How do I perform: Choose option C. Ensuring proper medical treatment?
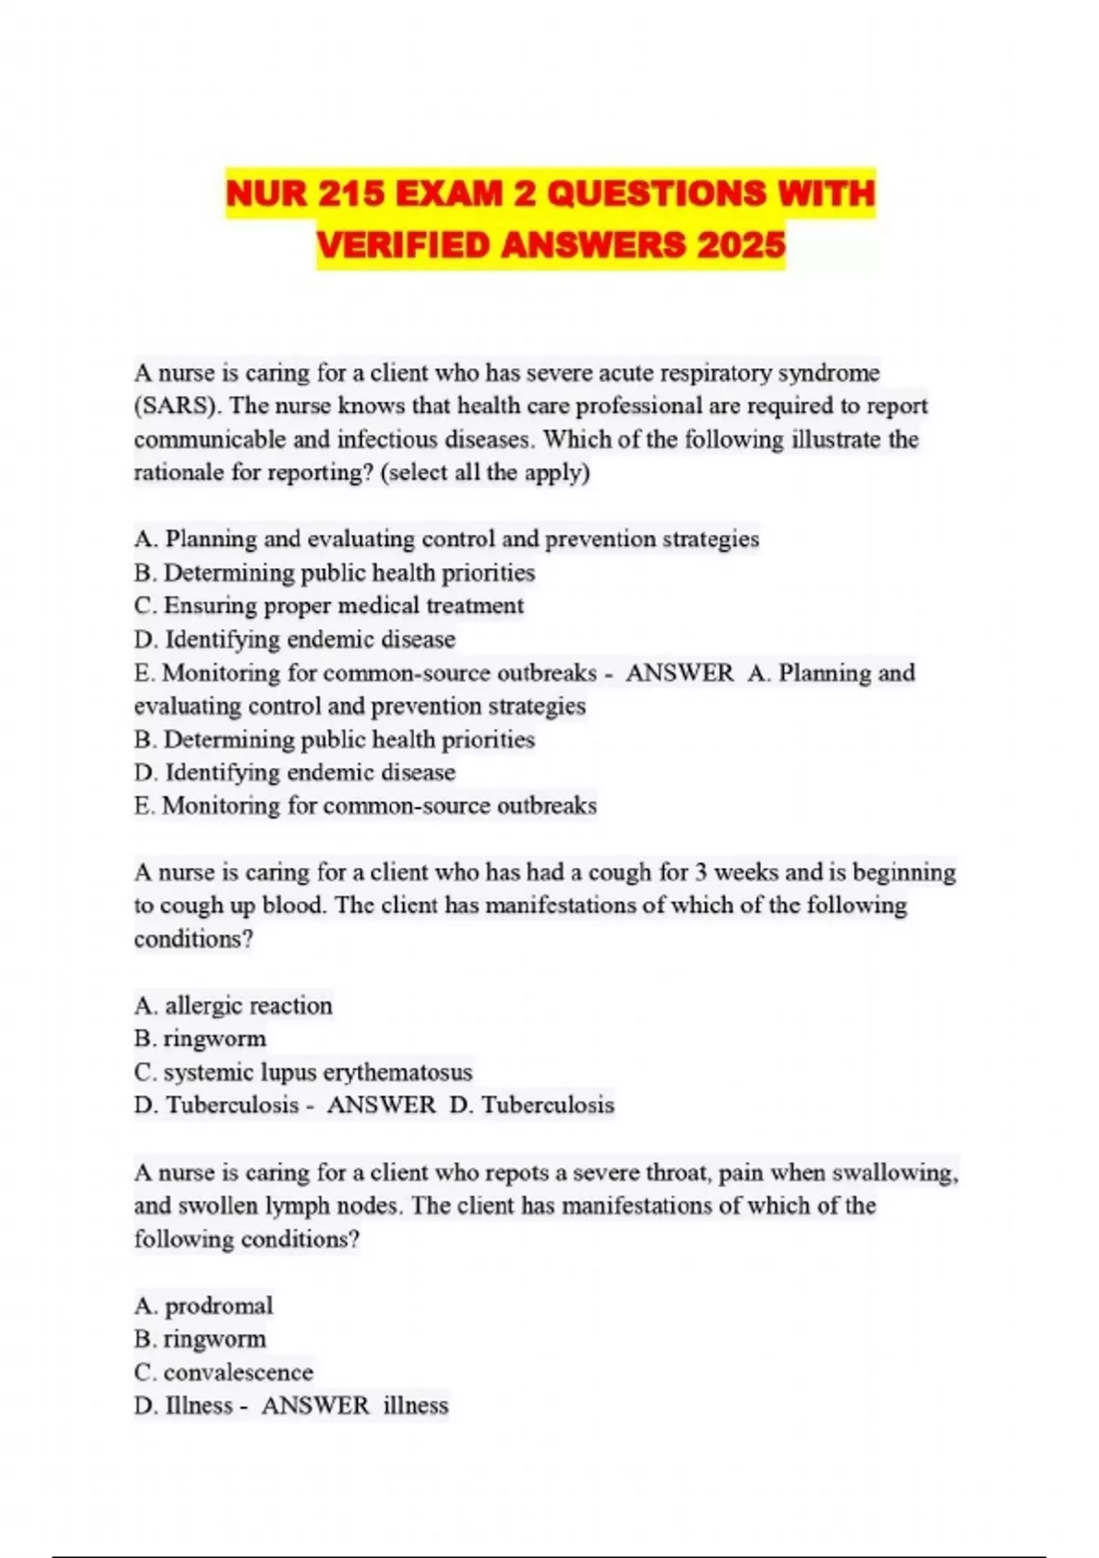click(329, 606)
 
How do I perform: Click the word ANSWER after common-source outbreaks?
click(680, 673)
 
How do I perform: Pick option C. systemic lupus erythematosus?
click(303, 1071)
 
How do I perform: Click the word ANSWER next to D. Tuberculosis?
click(381, 1104)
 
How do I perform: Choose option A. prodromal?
click(203, 1305)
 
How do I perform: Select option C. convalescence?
click(223, 1372)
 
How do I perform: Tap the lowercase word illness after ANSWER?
click(416, 1405)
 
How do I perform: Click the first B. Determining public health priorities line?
click(334, 573)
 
